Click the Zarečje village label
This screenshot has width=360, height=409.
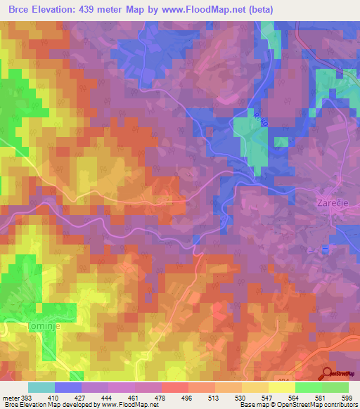329,202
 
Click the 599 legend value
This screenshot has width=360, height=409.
348,397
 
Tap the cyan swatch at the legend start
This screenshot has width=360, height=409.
41,387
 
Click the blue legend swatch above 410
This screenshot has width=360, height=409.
67,387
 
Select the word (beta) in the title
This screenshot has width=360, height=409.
274,9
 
